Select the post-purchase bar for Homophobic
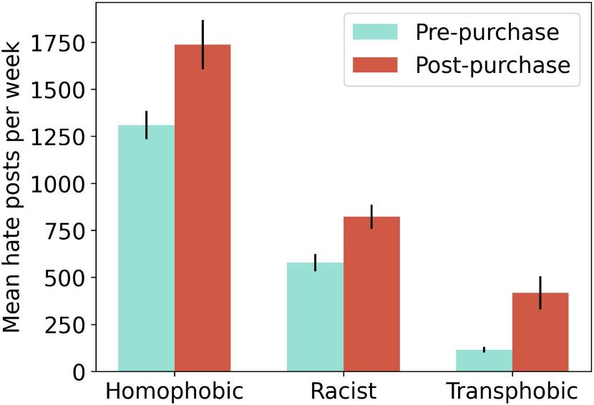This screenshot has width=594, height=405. (x=203, y=208)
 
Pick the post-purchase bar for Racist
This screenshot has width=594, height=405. (x=371, y=294)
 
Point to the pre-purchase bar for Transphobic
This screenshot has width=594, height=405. (x=484, y=361)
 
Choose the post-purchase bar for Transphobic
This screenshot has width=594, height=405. (x=540, y=332)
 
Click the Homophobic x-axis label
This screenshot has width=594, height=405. (x=174, y=391)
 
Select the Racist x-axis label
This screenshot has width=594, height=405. (x=343, y=391)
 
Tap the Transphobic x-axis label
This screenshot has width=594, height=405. (x=512, y=391)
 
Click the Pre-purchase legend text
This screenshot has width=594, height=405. (x=487, y=33)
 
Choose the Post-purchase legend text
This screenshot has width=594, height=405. (x=493, y=65)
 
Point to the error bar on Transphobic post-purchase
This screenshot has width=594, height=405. (x=540, y=293)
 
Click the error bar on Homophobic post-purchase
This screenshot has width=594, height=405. (x=203, y=44)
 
